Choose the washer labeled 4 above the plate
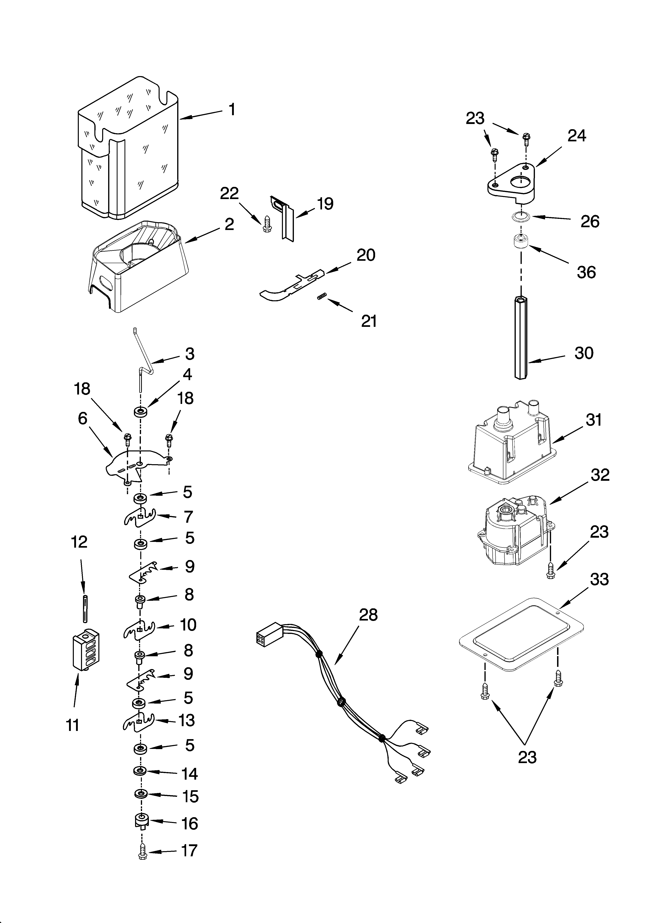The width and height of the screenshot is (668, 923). pyautogui.click(x=140, y=411)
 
